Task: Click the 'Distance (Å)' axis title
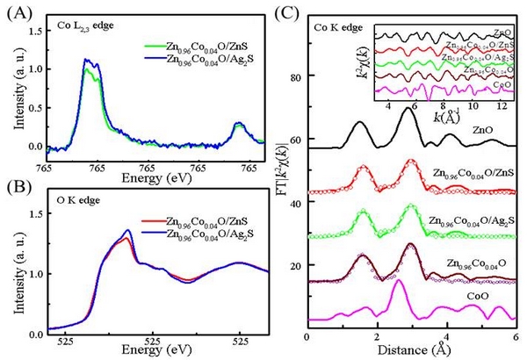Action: [x=416, y=350]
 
